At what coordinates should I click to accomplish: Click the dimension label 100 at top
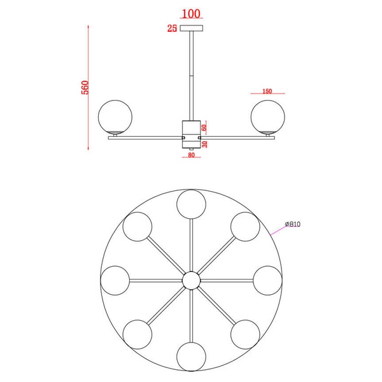(191, 13)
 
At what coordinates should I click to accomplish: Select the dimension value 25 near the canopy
(171, 28)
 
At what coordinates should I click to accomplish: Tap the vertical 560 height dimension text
(85, 87)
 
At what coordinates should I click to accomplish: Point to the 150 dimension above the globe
(267, 91)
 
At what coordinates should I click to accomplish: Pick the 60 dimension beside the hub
(204, 127)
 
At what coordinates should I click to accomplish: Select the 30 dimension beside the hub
(204, 143)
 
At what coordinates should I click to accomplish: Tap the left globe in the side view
(115, 117)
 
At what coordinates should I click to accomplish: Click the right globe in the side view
(267, 117)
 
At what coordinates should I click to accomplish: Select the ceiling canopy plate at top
(191, 28)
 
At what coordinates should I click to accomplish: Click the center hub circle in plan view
(191, 280)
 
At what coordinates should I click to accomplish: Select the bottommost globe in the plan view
(191, 355)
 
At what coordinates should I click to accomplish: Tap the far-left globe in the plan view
(116, 280)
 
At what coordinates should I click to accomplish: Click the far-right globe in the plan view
(266, 280)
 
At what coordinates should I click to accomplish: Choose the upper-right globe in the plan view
(244, 227)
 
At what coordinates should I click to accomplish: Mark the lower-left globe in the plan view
(138, 333)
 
